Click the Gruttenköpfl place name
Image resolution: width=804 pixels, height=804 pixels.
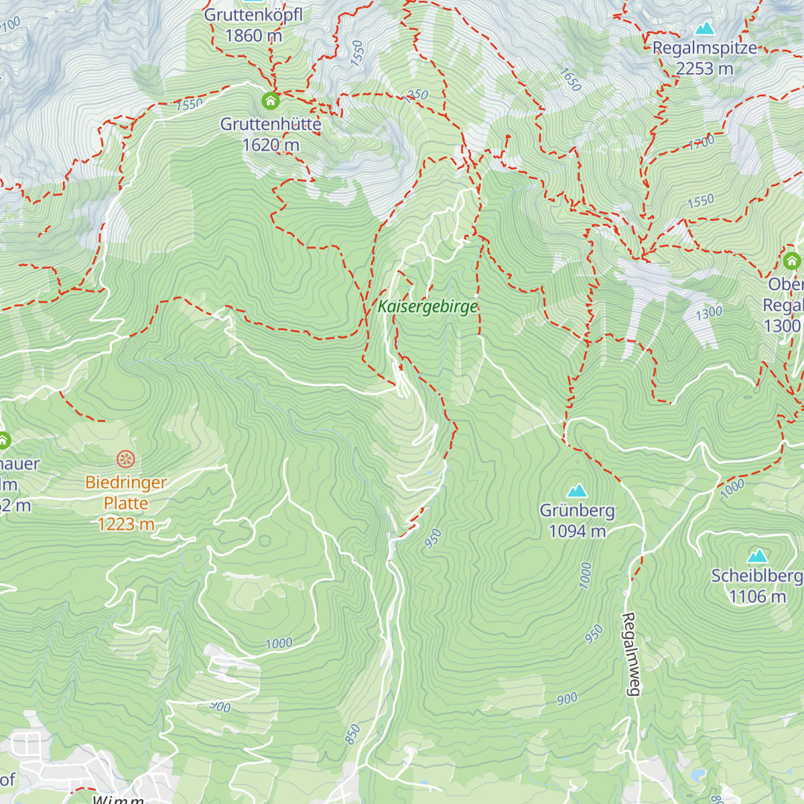point(253,15)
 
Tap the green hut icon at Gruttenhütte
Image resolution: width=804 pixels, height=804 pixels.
point(270,101)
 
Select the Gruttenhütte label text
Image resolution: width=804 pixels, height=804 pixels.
point(271,124)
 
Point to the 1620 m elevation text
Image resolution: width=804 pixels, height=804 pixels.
point(271,145)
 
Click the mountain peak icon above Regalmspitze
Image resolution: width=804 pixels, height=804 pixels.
point(704,28)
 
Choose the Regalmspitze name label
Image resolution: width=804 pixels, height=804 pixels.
point(705,48)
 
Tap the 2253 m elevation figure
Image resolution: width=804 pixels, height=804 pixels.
point(705,69)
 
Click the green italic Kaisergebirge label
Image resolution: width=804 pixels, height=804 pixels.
point(427,307)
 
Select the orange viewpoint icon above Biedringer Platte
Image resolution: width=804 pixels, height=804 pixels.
point(126,459)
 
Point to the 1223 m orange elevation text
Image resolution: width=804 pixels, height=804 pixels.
point(126,524)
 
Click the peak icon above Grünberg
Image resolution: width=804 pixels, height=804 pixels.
point(577,490)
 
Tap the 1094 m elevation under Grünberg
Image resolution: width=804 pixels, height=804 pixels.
point(577,531)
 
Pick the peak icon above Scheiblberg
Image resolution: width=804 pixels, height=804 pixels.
point(758,556)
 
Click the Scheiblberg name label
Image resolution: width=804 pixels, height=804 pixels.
point(757,576)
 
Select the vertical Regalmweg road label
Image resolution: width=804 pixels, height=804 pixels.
point(630,655)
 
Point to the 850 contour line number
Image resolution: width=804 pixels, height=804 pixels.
point(352,734)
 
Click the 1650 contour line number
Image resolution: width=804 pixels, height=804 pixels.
point(570,80)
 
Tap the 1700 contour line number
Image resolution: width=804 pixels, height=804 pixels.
point(701,143)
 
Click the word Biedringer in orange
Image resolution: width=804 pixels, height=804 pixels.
point(126,482)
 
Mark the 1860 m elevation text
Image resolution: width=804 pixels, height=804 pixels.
point(253,36)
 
